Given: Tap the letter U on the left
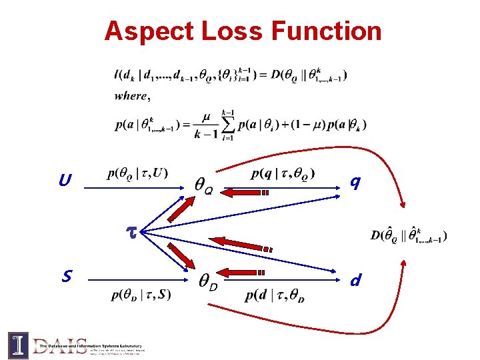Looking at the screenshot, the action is pyautogui.click(x=65, y=181).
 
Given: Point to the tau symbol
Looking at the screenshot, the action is pyautogui.click(x=131, y=231).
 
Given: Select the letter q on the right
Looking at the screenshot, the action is pyautogui.click(x=356, y=181).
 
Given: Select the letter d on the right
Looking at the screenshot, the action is pyautogui.click(x=357, y=280).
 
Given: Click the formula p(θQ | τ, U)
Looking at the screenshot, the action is pyautogui.click(x=137, y=175).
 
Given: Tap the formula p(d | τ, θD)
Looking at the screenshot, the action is pyautogui.click(x=276, y=295).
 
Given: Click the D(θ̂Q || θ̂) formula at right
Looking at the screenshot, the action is pyautogui.click(x=408, y=235).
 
